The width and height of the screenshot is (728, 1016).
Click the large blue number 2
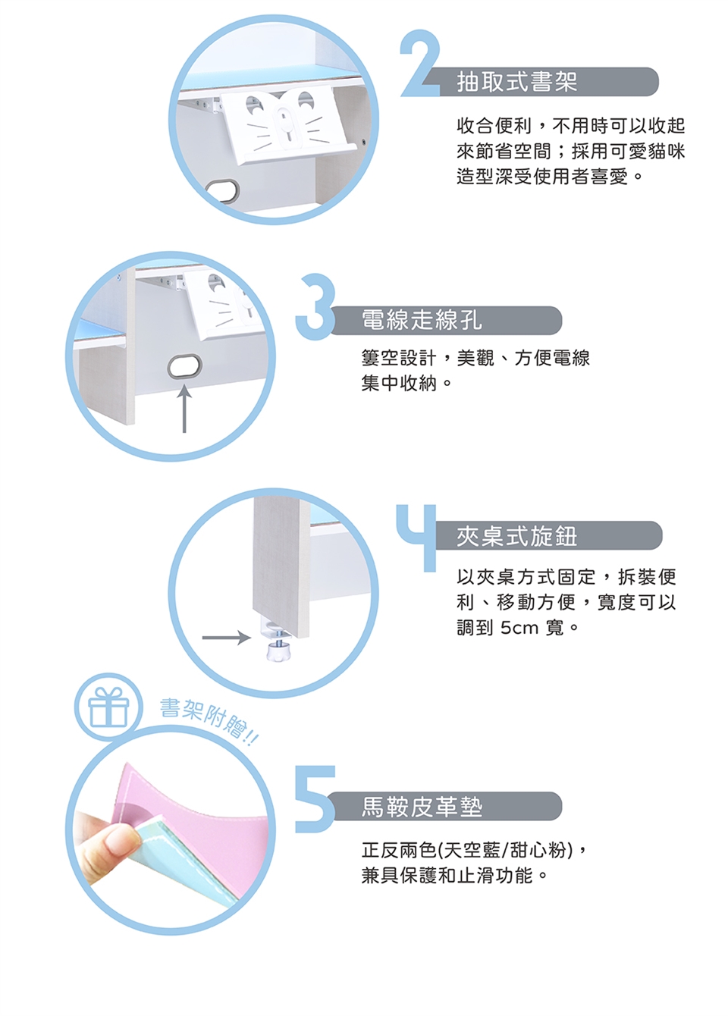[x=419, y=64]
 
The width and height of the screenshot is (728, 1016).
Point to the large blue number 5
[x=315, y=799]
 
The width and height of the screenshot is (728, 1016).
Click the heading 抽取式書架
[x=516, y=82]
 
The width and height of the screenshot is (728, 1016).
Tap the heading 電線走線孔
[x=422, y=320]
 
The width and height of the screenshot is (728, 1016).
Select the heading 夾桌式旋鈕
[x=516, y=535]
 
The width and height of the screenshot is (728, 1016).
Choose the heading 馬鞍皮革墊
[x=422, y=806]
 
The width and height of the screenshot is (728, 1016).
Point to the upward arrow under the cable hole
[x=184, y=409]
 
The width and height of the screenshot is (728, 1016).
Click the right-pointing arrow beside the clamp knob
[x=226, y=638]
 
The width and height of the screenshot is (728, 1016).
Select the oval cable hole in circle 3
[x=184, y=366]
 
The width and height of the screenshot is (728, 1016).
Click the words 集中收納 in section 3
[x=400, y=384]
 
